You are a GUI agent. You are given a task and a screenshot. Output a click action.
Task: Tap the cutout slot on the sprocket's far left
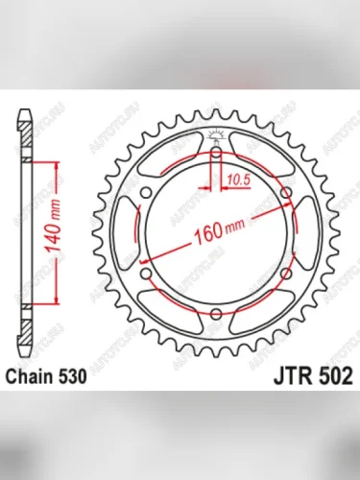pos(134,232)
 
